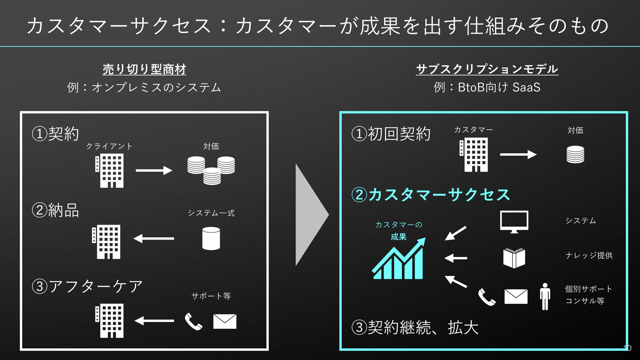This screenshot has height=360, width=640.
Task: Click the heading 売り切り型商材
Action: (x=144, y=69)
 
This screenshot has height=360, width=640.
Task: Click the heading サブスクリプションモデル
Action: (x=487, y=69)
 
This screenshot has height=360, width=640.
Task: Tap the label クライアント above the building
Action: (x=109, y=146)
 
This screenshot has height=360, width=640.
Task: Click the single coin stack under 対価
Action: (x=575, y=154)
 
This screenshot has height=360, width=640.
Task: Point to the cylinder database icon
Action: (x=211, y=238)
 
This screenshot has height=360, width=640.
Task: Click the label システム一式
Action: (x=211, y=213)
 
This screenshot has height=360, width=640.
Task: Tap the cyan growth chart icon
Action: (x=399, y=258)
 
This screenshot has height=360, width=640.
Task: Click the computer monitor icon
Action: (x=514, y=222)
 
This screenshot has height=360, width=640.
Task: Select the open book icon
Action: (x=514, y=258)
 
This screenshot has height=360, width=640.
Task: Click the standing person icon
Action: (x=545, y=297)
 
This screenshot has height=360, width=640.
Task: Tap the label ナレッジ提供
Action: (x=589, y=255)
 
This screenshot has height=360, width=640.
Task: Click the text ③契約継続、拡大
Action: (x=415, y=327)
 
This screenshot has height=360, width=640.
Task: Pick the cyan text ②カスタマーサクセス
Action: (x=431, y=195)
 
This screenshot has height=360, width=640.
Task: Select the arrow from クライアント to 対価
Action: (x=154, y=170)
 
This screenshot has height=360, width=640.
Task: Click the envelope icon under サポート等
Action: (x=225, y=321)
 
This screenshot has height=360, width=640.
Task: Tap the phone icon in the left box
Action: (x=194, y=321)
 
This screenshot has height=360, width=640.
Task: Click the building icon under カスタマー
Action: (x=474, y=155)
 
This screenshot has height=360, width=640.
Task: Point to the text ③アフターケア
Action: (x=87, y=286)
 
